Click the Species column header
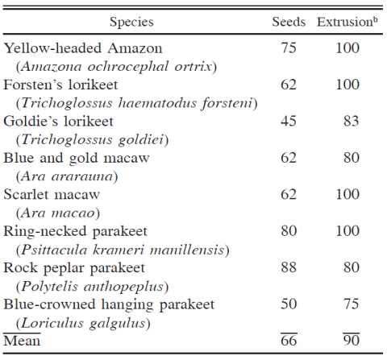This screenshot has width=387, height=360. click(131, 23)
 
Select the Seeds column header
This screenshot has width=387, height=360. click(289, 22)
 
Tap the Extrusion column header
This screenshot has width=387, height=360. click(345, 22)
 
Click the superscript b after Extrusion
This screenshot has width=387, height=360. click(376, 19)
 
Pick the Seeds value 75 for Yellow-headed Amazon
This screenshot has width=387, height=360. click(289, 48)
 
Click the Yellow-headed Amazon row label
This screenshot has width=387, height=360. click(83, 48)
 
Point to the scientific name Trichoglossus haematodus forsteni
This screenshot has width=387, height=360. click(137, 103)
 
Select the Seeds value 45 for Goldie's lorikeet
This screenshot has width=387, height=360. click(289, 121)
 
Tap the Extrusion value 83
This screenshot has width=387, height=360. click(352, 121)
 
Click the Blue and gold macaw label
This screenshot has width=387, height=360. click(77, 158)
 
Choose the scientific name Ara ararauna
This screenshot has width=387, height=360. click(67, 176)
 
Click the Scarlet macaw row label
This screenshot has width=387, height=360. click(52, 194)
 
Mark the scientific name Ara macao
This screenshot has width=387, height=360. click(58, 213)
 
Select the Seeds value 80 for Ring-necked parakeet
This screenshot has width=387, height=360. click(289, 231)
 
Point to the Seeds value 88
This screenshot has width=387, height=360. click(289, 267)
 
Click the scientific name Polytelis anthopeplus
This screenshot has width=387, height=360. click(93, 287)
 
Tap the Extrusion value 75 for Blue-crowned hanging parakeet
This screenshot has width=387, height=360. click(352, 304)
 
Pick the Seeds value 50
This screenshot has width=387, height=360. click(289, 304)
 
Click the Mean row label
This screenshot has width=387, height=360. click(22, 341)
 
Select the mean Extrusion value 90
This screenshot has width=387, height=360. click(352, 341)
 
